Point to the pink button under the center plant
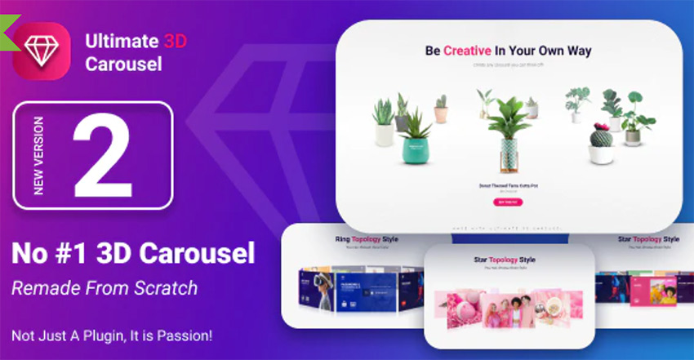[x=507, y=202]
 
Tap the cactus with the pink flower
[x=602, y=144]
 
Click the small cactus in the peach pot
[x=442, y=109]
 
